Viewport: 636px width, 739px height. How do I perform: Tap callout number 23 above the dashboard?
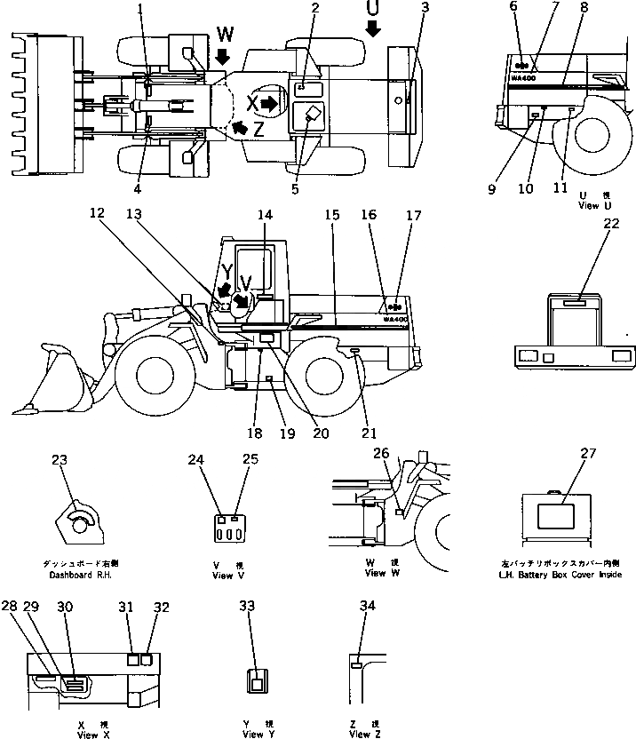(60, 461)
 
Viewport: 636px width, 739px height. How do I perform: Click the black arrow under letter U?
(372, 29)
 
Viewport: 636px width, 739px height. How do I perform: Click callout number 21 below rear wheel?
(369, 433)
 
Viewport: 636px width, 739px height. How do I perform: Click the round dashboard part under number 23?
(79, 525)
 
